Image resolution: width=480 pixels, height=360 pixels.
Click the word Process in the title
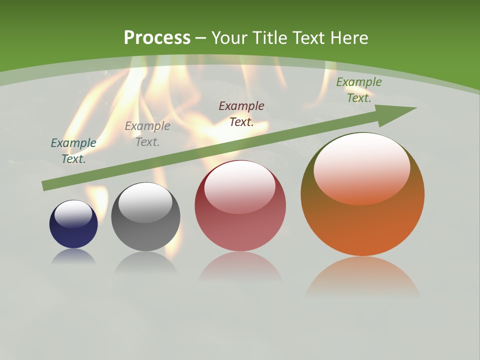[x=157, y=38]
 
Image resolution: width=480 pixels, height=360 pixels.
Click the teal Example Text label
[x=73, y=150]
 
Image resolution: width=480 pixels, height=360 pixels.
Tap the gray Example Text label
[x=147, y=133]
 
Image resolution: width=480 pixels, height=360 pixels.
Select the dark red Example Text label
[x=241, y=113]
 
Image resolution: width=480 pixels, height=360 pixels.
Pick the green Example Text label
[x=359, y=90]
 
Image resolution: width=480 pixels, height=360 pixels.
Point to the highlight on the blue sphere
[x=73, y=213]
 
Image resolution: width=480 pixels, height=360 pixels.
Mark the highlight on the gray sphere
[x=145, y=201]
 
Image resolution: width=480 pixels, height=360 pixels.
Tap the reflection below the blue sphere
[x=73, y=256]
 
